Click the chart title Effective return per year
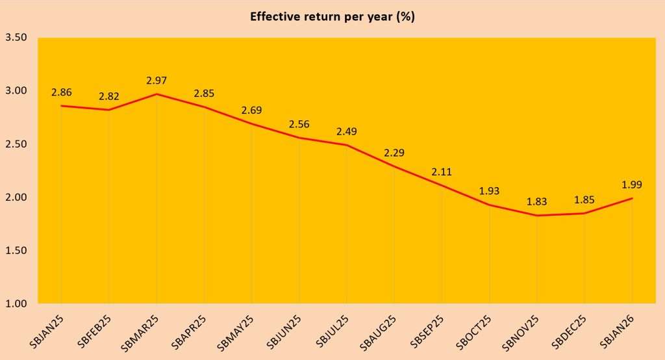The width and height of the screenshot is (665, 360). tap(332, 17)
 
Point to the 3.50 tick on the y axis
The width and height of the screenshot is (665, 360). tap(16, 38)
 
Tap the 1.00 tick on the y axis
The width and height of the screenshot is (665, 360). tap(16, 303)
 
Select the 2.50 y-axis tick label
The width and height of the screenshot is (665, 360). tap(16, 144)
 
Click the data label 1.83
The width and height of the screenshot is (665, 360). tap(537, 202)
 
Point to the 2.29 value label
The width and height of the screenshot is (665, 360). tap(394, 153)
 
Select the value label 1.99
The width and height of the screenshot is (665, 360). tap(632, 185)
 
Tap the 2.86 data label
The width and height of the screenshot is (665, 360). tap(62, 92)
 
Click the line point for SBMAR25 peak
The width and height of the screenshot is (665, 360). tap(157, 94)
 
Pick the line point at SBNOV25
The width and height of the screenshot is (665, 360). tap(537, 215)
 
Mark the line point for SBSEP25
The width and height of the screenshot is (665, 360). tap(442, 185)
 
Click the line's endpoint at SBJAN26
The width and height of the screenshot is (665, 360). tap(632, 198)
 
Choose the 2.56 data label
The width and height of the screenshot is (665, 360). tap(299, 125)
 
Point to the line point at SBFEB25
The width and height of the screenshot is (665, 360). tap(109, 110)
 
